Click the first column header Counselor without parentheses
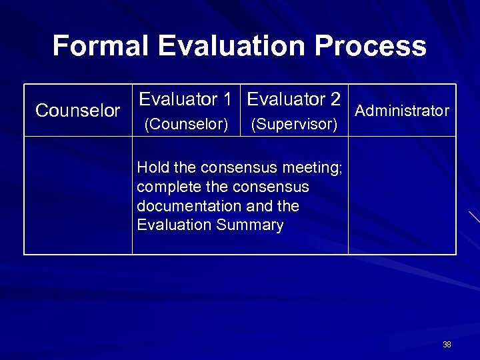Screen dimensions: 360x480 pyautogui.click(x=78, y=111)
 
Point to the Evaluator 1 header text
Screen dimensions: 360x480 pyautogui.click(x=185, y=100)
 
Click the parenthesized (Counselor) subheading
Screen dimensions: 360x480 pyautogui.click(x=187, y=125)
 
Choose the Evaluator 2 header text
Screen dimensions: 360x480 pyautogui.click(x=294, y=100)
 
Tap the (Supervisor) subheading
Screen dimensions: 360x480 pyautogui.click(x=294, y=125)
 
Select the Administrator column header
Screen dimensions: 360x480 pyautogui.click(x=402, y=111)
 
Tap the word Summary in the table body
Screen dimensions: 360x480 pyautogui.click(x=250, y=225)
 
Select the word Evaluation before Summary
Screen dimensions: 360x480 pyautogui.click(x=174, y=225)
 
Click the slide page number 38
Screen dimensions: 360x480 pyautogui.click(x=447, y=345)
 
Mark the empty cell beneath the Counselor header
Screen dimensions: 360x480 pyautogui.click(x=78, y=195)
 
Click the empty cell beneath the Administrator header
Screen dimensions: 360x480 pyautogui.click(x=402, y=195)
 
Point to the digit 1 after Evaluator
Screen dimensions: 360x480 pyautogui.click(x=227, y=100)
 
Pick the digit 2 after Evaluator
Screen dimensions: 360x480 pyautogui.click(x=335, y=100)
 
